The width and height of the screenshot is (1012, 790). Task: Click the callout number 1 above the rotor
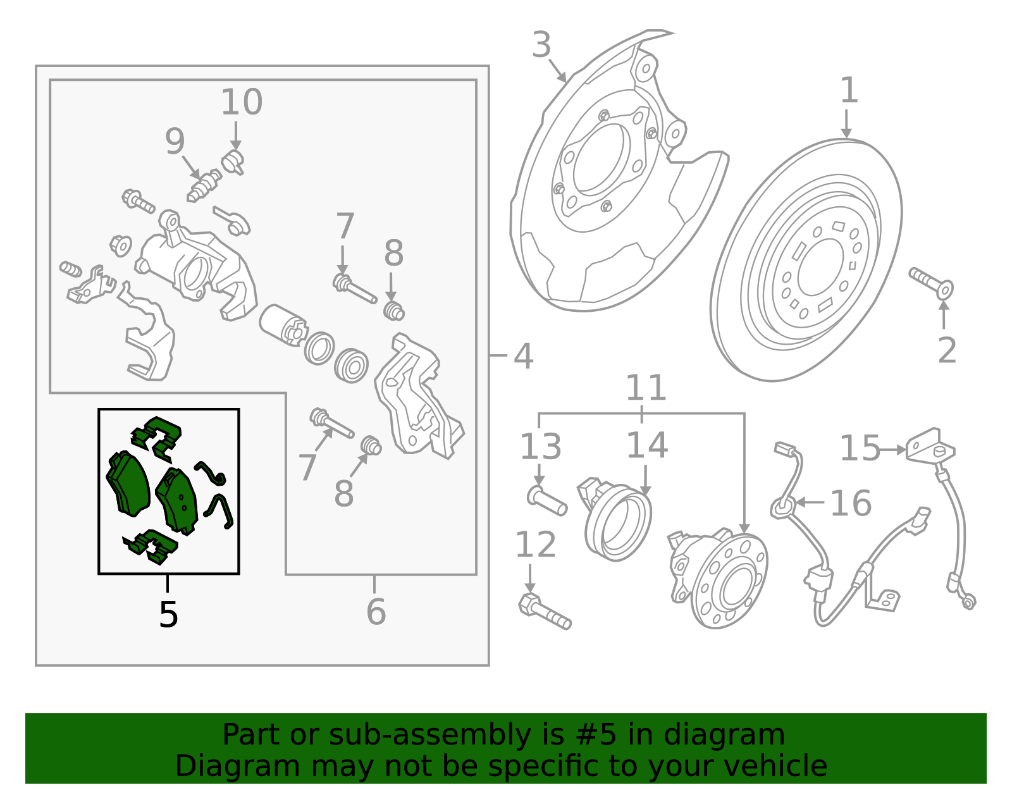click(849, 90)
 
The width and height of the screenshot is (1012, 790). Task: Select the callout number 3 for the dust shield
click(541, 45)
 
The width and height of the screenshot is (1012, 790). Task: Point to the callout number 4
click(523, 357)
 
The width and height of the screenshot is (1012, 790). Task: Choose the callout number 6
click(376, 612)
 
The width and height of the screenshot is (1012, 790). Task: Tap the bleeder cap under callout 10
click(233, 162)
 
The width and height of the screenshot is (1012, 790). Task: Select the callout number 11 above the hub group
click(646, 388)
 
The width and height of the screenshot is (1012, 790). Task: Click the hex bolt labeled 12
click(545, 612)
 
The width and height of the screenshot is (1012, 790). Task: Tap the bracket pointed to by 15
click(930, 446)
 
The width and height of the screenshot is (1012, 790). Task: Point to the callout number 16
click(851, 503)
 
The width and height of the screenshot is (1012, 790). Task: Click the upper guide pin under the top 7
click(354, 289)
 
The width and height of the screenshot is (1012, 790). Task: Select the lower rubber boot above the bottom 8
click(371, 446)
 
